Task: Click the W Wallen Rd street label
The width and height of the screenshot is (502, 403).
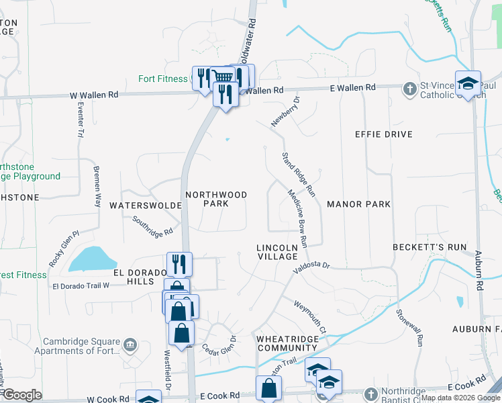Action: pyautogui.click(x=94, y=95)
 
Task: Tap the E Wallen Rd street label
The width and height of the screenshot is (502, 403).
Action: pyautogui.click(x=352, y=88)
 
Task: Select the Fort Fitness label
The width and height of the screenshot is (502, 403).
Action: pyautogui.click(x=163, y=79)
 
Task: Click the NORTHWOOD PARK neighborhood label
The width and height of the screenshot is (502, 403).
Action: pyautogui.click(x=216, y=199)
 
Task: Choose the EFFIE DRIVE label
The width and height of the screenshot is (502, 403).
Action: pyautogui.click(x=383, y=134)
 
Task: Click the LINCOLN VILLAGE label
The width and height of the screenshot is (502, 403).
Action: pyautogui.click(x=277, y=252)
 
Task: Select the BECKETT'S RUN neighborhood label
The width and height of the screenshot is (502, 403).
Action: pyautogui.click(x=430, y=247)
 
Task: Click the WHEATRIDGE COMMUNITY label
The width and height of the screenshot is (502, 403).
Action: pyautogui.click(x=287, y=343)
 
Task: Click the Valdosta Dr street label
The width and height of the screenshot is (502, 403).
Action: pyautogui.click(x=312, y=267)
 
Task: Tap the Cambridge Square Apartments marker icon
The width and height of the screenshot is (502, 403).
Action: pyautogui.click(x=130, y=346)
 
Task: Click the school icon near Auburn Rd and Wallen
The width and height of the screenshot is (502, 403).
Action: pyautogui.click(x=468, y=83)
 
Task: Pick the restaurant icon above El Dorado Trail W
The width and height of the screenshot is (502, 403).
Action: pyautogui.click(x=179, y=263)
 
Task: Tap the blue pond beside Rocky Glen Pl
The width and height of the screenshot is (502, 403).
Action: pyautogui.click(x=91, y=259)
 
